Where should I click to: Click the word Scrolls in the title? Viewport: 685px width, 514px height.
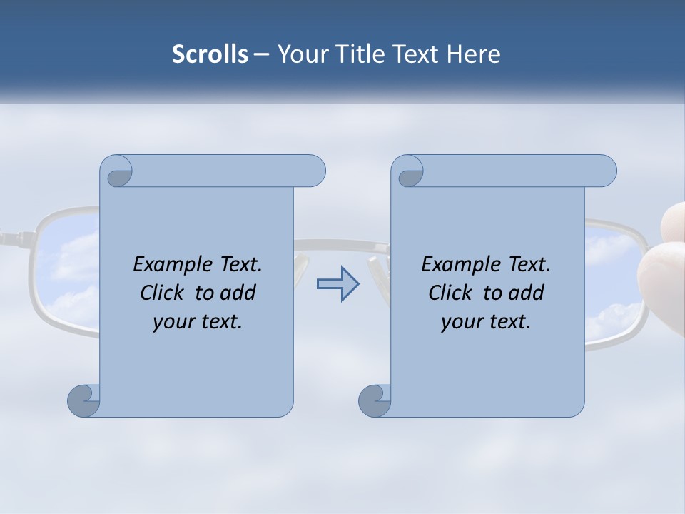point(210,54)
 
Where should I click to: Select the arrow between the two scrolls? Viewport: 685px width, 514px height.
point(338,284)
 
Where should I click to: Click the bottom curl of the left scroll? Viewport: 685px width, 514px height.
point(83,400)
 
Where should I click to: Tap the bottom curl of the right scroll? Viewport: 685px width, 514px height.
point(374,400)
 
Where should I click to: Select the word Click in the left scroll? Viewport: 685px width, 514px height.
point(162,293)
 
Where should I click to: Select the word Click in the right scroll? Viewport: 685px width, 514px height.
point(450,293)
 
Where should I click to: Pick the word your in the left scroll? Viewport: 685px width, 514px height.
point(172,322)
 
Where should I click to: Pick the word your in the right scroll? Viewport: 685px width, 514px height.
point(460,322)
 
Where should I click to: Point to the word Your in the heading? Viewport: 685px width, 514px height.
point(300,54)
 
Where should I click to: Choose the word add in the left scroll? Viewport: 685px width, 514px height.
point(239,293)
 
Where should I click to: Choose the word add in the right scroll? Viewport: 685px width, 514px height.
point(527,293)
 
